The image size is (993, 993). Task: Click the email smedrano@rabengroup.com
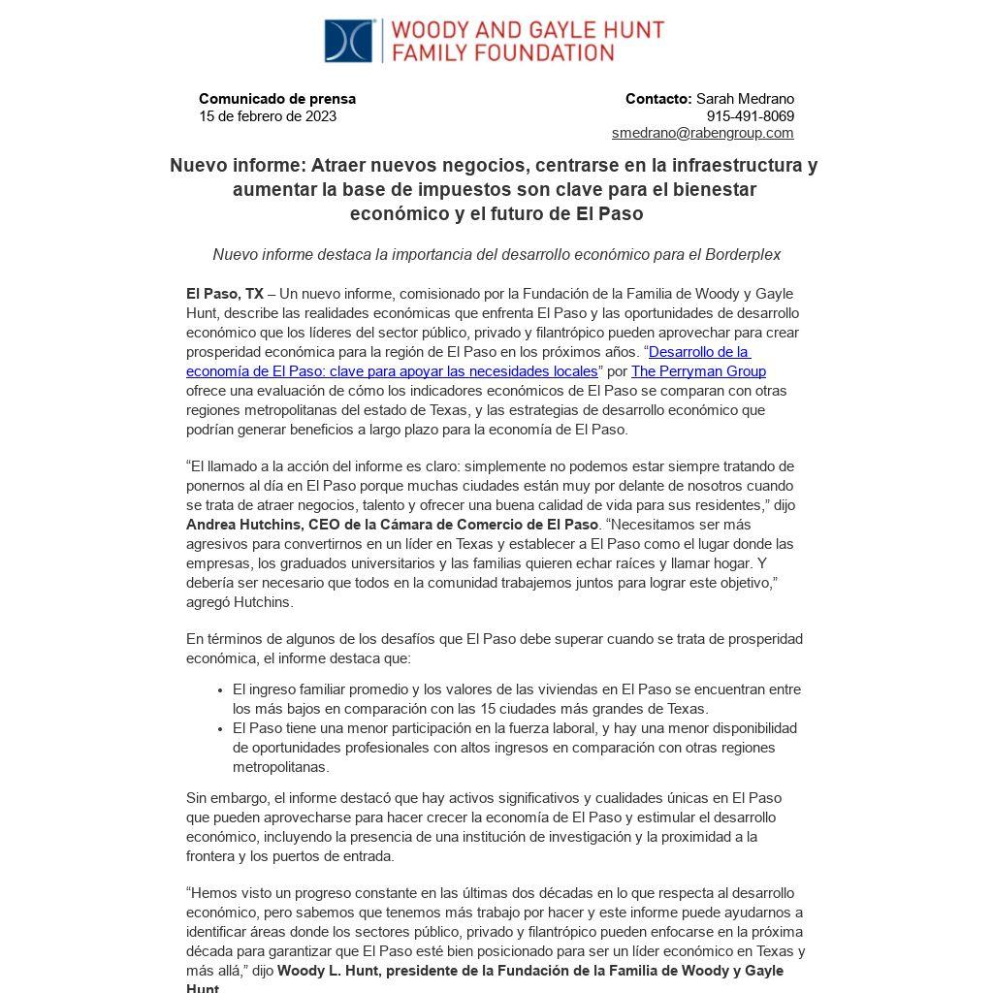click(702, 133)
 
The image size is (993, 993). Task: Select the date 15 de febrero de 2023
click(268, 116)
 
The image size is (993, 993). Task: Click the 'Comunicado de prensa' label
click(277, 99)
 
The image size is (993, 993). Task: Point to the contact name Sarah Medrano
click(745, 99)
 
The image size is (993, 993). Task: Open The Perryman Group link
click(698, 371)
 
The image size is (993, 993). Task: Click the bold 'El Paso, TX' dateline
click(224, 294)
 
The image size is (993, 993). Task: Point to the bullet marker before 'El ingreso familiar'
click(221, 690)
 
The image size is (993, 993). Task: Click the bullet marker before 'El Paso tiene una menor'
click(221, 728)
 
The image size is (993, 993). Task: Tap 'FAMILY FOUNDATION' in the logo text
click(502, 52)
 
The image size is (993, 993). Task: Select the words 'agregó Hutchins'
click(239, 602)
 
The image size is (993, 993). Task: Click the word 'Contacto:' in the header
click(658, 99)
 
